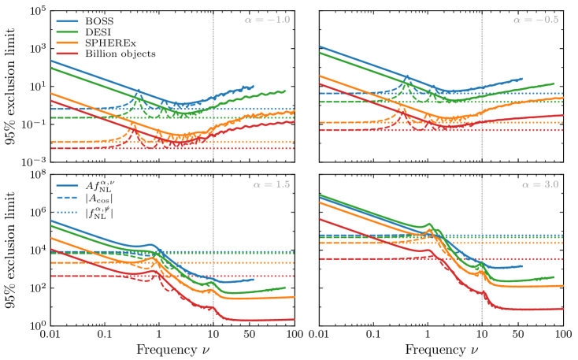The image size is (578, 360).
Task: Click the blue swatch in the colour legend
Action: pos(68,22)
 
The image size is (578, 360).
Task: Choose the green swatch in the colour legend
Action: pos(68,32)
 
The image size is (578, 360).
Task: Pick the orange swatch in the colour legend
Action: pos(68,43)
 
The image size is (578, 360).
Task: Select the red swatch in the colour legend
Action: pos(68,53)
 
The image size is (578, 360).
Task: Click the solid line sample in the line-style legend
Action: pos(68,187)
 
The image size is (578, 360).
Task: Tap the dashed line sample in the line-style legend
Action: pos(68,198)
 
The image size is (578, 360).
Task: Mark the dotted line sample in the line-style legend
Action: pos(68,213)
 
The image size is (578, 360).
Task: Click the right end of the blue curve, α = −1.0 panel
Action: pos(254,86)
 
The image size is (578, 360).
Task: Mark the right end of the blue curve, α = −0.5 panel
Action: pos(522,79)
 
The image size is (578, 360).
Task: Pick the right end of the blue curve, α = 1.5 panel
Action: pos(254,279)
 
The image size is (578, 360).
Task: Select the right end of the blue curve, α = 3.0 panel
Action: pos(522,266)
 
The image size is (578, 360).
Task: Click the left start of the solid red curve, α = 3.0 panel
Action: pos(320,218)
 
